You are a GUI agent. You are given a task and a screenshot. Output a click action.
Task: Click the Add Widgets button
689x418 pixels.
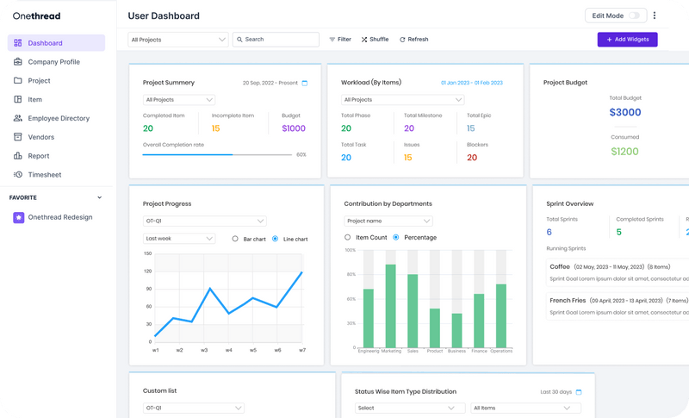(627, 40)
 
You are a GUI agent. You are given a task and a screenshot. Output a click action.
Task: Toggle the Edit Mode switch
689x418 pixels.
(636, 16)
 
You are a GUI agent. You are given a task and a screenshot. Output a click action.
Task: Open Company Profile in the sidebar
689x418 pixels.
(53, 62)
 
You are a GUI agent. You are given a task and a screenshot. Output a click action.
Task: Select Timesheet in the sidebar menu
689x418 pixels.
(45, 175)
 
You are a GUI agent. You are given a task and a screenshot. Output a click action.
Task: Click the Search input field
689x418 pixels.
(276, 40)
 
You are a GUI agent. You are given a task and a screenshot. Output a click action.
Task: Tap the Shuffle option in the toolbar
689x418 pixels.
(376, 40)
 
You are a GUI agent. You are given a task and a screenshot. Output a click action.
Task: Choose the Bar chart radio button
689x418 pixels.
(235, 239)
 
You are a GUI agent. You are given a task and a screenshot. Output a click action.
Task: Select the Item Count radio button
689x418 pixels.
(348, 237)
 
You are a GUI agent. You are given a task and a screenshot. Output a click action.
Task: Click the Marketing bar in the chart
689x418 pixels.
(390, 306)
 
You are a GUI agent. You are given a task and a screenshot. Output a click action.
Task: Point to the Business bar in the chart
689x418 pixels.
(456, 330)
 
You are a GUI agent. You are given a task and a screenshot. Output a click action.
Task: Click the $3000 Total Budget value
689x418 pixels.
(624, 112)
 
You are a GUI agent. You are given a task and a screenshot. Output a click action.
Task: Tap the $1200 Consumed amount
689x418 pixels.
(624, 151)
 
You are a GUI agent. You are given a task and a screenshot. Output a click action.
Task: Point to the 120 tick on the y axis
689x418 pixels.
(148, 272)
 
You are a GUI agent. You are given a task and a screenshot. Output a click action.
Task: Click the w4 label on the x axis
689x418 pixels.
(229, 351)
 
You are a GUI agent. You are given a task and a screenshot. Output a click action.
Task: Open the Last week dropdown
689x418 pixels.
(179, 239)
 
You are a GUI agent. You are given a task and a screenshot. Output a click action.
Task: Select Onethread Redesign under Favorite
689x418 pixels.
(59, 217)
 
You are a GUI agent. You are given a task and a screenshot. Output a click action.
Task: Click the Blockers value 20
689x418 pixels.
(472, 158)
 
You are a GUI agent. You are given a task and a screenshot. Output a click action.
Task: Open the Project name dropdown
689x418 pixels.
(388, 221)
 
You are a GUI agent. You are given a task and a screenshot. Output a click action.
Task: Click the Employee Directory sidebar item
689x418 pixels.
(58, 118)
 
